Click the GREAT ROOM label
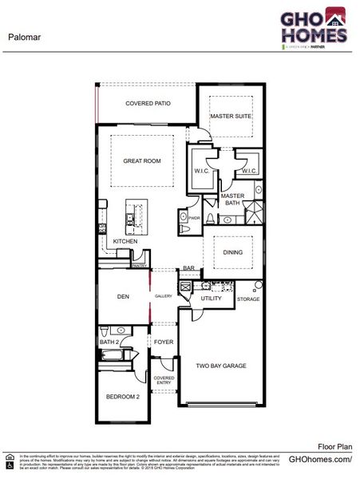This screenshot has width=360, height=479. tap(142, 161)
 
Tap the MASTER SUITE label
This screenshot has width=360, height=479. tap(231, 117)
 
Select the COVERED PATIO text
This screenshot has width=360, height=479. tap(148, 104)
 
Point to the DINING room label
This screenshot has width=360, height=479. tap(233, 253)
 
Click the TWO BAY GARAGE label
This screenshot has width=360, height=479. tap(220, 366)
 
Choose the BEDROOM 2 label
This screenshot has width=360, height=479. tap(123, 397)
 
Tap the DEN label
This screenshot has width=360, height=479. tap(123, 297)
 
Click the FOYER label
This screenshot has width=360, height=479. tap(164, 342)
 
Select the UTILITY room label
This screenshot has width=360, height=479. tap(211, 299)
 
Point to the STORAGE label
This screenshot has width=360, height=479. tap(248, 299)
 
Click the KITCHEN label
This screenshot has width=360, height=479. tap(125, 241)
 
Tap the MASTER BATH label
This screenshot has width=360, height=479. tap(233, 200)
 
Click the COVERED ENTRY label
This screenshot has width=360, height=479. tap(164, 381)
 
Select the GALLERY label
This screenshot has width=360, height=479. tap(164, 296)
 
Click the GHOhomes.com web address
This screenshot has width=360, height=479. tap(319, 461)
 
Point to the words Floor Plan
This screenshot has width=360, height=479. tap(333, 448)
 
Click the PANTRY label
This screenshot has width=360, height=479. tap(139, 265)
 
